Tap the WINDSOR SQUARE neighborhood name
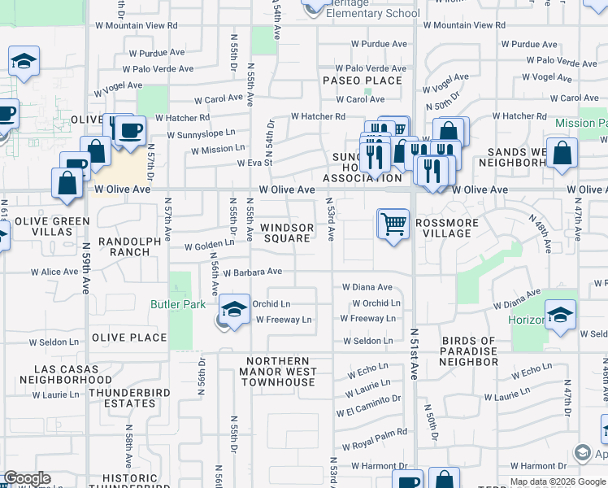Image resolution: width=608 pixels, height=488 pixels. click(287, 233)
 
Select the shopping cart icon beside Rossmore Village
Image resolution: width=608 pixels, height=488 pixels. click(393, 223)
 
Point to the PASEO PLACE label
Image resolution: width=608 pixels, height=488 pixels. click(363, 81)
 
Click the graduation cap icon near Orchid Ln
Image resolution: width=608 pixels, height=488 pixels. click(234, 311)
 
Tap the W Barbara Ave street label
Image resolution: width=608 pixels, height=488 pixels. click(252, 272)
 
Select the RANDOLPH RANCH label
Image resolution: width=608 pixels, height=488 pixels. click(124, 246)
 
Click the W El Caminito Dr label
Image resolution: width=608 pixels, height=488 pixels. click(373, 400)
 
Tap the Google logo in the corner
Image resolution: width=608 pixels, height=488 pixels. click(27, 479)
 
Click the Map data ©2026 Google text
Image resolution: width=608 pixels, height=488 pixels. click(557, 481)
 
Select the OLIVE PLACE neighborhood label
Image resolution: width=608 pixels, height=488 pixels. click(129, 338)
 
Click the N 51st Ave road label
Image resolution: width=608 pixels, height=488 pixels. click(415, 353)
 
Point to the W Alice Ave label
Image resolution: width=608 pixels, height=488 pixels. click(55, 272)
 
